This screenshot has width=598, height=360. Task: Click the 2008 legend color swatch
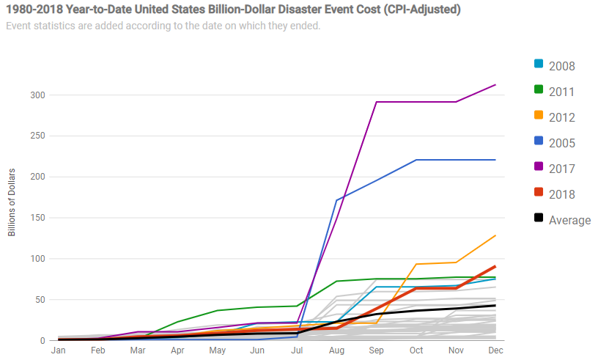pyautogui.click(x=539, y=65)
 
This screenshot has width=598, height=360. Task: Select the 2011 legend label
pyautogui.click(x=561, y=92)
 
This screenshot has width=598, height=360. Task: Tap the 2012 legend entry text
pyautogui.click(x=561, y=117)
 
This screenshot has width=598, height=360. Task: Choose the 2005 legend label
pyautogui.click(x=561, y=143)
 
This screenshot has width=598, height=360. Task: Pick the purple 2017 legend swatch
pyautogui.click(x=539, y=167)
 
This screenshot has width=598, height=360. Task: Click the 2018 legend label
pyautogui.click(x=561, y=194)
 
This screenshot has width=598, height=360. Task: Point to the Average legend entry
pyautogui.click(x=569, y=220)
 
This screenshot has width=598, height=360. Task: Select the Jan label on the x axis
pyautogui.click(x=58, y=350)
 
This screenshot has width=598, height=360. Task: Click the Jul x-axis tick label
pyautogui.click(x=298, y=350)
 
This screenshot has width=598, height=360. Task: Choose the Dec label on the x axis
pyautogui.click(x=496, y=350)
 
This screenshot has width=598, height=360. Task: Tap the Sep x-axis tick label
pyautogui.click(x=377, y=350)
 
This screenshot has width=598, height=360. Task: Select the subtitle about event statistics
pyautogui.click(x=163, y=26)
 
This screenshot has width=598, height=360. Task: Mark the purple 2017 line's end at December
pyautogui.click(x=496, y=85)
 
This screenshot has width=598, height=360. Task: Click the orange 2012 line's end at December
pyautogui.click(x=496, y=235)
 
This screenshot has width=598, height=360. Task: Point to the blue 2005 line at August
pyautogui.click(x=336, y=200)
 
